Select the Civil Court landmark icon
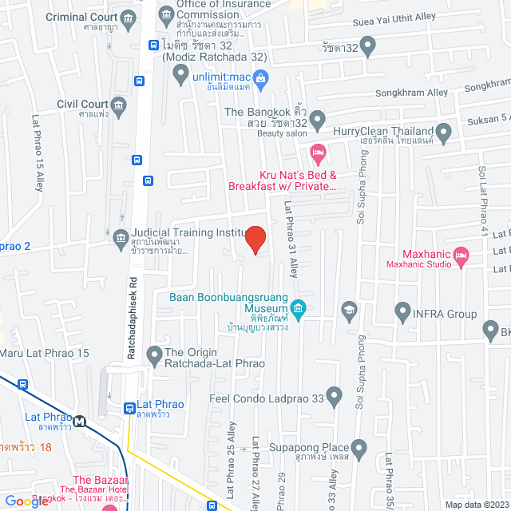click(x=118, y=105)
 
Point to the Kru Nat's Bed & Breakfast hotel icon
click(x=317, y=151)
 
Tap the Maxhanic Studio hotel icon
click(x=461, y=255)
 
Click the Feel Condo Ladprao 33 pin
click(x=335, y=393)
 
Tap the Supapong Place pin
click(x=358, y=447)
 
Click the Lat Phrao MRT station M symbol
click(x=80, y=420)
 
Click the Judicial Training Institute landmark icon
click(x=121, y=236)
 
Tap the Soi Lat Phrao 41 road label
click(x=481, y=192)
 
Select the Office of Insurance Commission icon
click(x=165, y=14)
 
